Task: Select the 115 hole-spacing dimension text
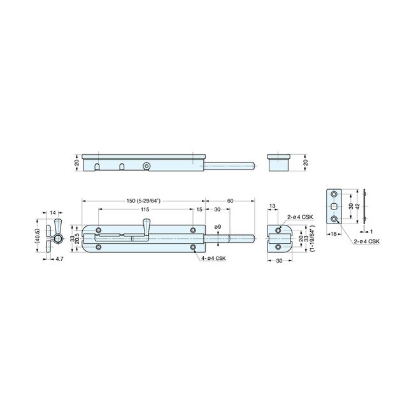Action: pyautogui.click(x=146, y=210)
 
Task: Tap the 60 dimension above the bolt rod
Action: pyautogui.click(x=229, y=201)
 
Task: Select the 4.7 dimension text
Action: pyautogui.click(x=59, y=259)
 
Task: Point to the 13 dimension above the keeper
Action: pyautogui.click(x=273, y=206)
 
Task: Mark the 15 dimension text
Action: pyautogui.click(x=199, y=210)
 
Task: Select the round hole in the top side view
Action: pyautogui.click(x=146, y=166)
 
